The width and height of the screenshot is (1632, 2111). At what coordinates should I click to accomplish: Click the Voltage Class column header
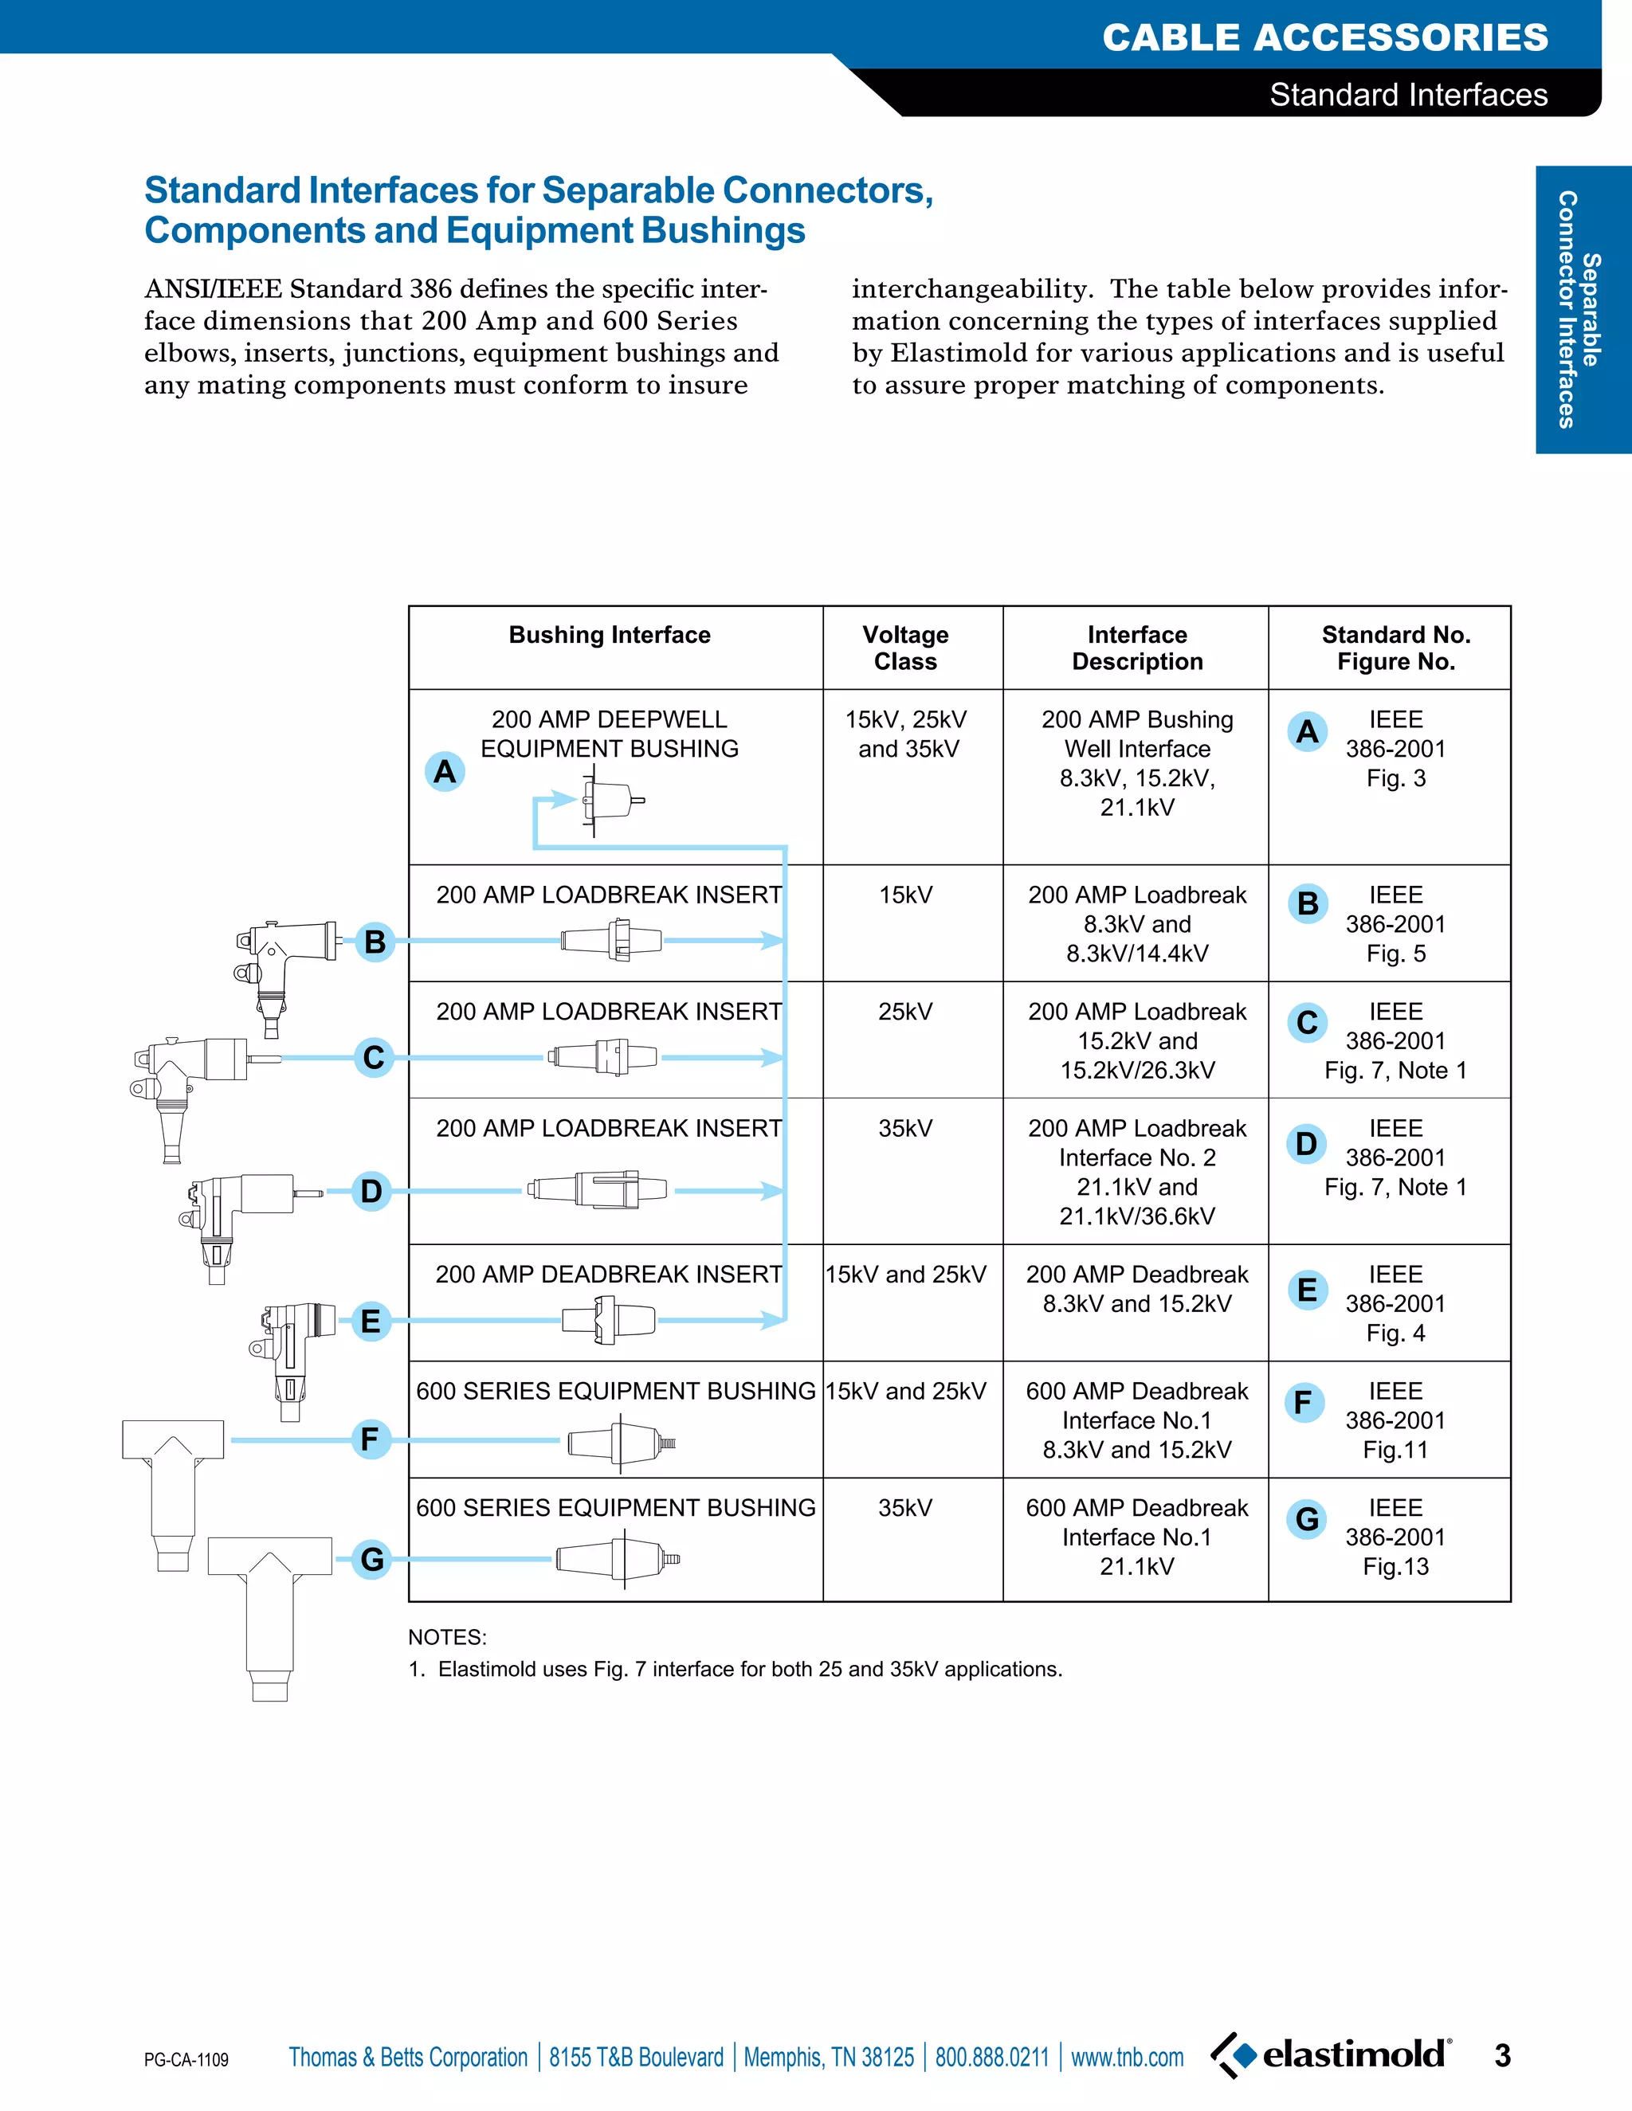pos(905,648)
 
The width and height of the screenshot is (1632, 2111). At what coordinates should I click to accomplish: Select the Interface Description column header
pos(1137,648)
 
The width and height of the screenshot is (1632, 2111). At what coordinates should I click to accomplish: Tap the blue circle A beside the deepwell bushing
pos(445,771)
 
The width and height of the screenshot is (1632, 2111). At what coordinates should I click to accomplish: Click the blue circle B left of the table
pos(375,941)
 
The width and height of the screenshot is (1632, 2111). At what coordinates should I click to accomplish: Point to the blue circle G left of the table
pos(372,1558)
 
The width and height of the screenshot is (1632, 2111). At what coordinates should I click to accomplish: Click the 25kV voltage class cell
pos(905,1011)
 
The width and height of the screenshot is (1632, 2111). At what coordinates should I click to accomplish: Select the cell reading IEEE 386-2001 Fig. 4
pos(1395,1303)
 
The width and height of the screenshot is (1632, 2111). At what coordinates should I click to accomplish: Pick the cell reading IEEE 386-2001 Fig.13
pos(1395,1537)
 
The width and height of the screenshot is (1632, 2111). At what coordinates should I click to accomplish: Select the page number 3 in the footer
pos(1501,2055)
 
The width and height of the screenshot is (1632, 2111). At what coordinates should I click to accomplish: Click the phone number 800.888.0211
pos(991,2057)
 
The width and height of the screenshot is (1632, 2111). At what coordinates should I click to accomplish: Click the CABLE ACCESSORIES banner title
pos(1324,37)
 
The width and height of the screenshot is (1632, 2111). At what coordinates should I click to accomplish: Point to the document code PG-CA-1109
pos(186,2060)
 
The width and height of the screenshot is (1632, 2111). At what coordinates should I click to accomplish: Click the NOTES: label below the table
pos(448,1637)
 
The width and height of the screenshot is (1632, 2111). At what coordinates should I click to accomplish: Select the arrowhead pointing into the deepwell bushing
pos(565,799)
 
